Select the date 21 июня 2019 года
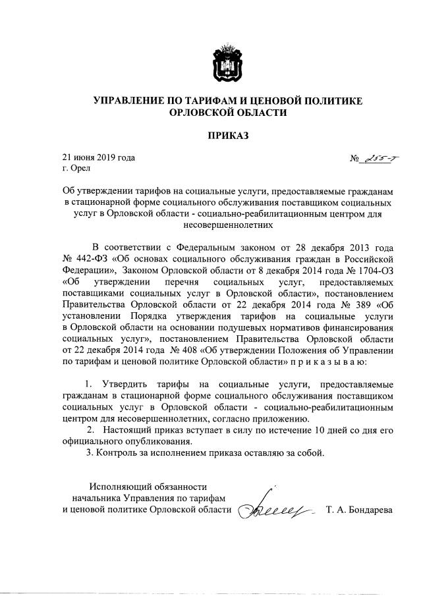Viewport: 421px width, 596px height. tap(98, 157)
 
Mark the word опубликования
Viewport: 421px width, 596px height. tap(159, 441)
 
